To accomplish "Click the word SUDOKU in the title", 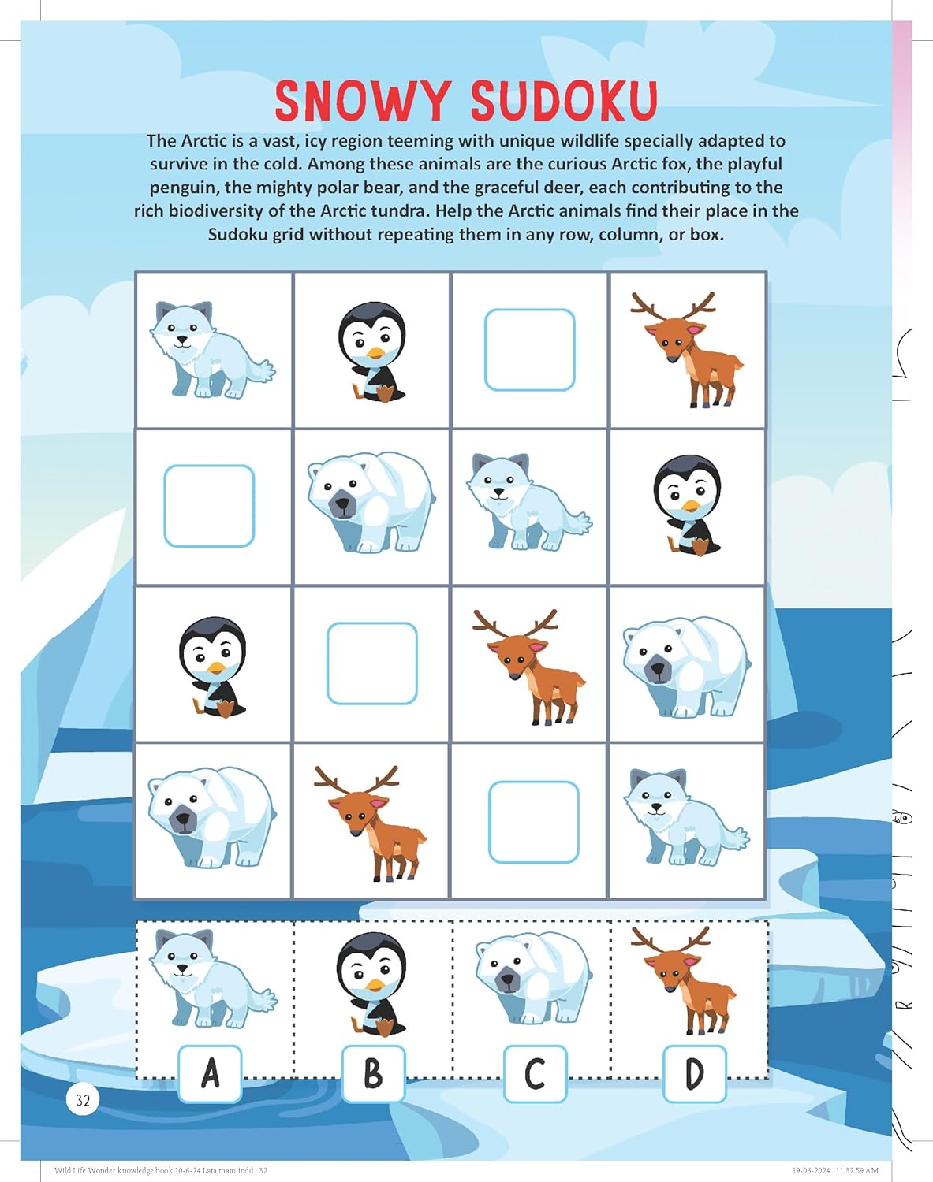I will pyautogui.click(x=564, y=101).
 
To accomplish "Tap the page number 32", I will pyautogui.click(x=83, y=1099).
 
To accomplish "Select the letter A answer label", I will pyautogui.click(x=210, y=1073).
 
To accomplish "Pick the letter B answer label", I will pyautogui.click(x=373, y=1073).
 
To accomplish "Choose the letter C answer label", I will pyautogui.click(x=535, y=1073).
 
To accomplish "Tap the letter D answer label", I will pyautogui.click(x=694, y=1073).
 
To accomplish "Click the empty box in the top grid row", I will pyautogui.click(x=529, y=350).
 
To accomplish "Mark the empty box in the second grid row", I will pyautogui.click(x=209, y=506).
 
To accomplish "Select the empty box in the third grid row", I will pyautogui.click(x=371, y=663).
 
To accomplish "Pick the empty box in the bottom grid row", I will pyautogui.click(x=534, y=822).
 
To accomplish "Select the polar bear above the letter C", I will pyautogui.click(x=532, y=977).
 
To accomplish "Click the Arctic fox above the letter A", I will pyautogui.click(x=213, y=977).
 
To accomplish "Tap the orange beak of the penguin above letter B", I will pyautogui.click(x=376, y=985).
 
